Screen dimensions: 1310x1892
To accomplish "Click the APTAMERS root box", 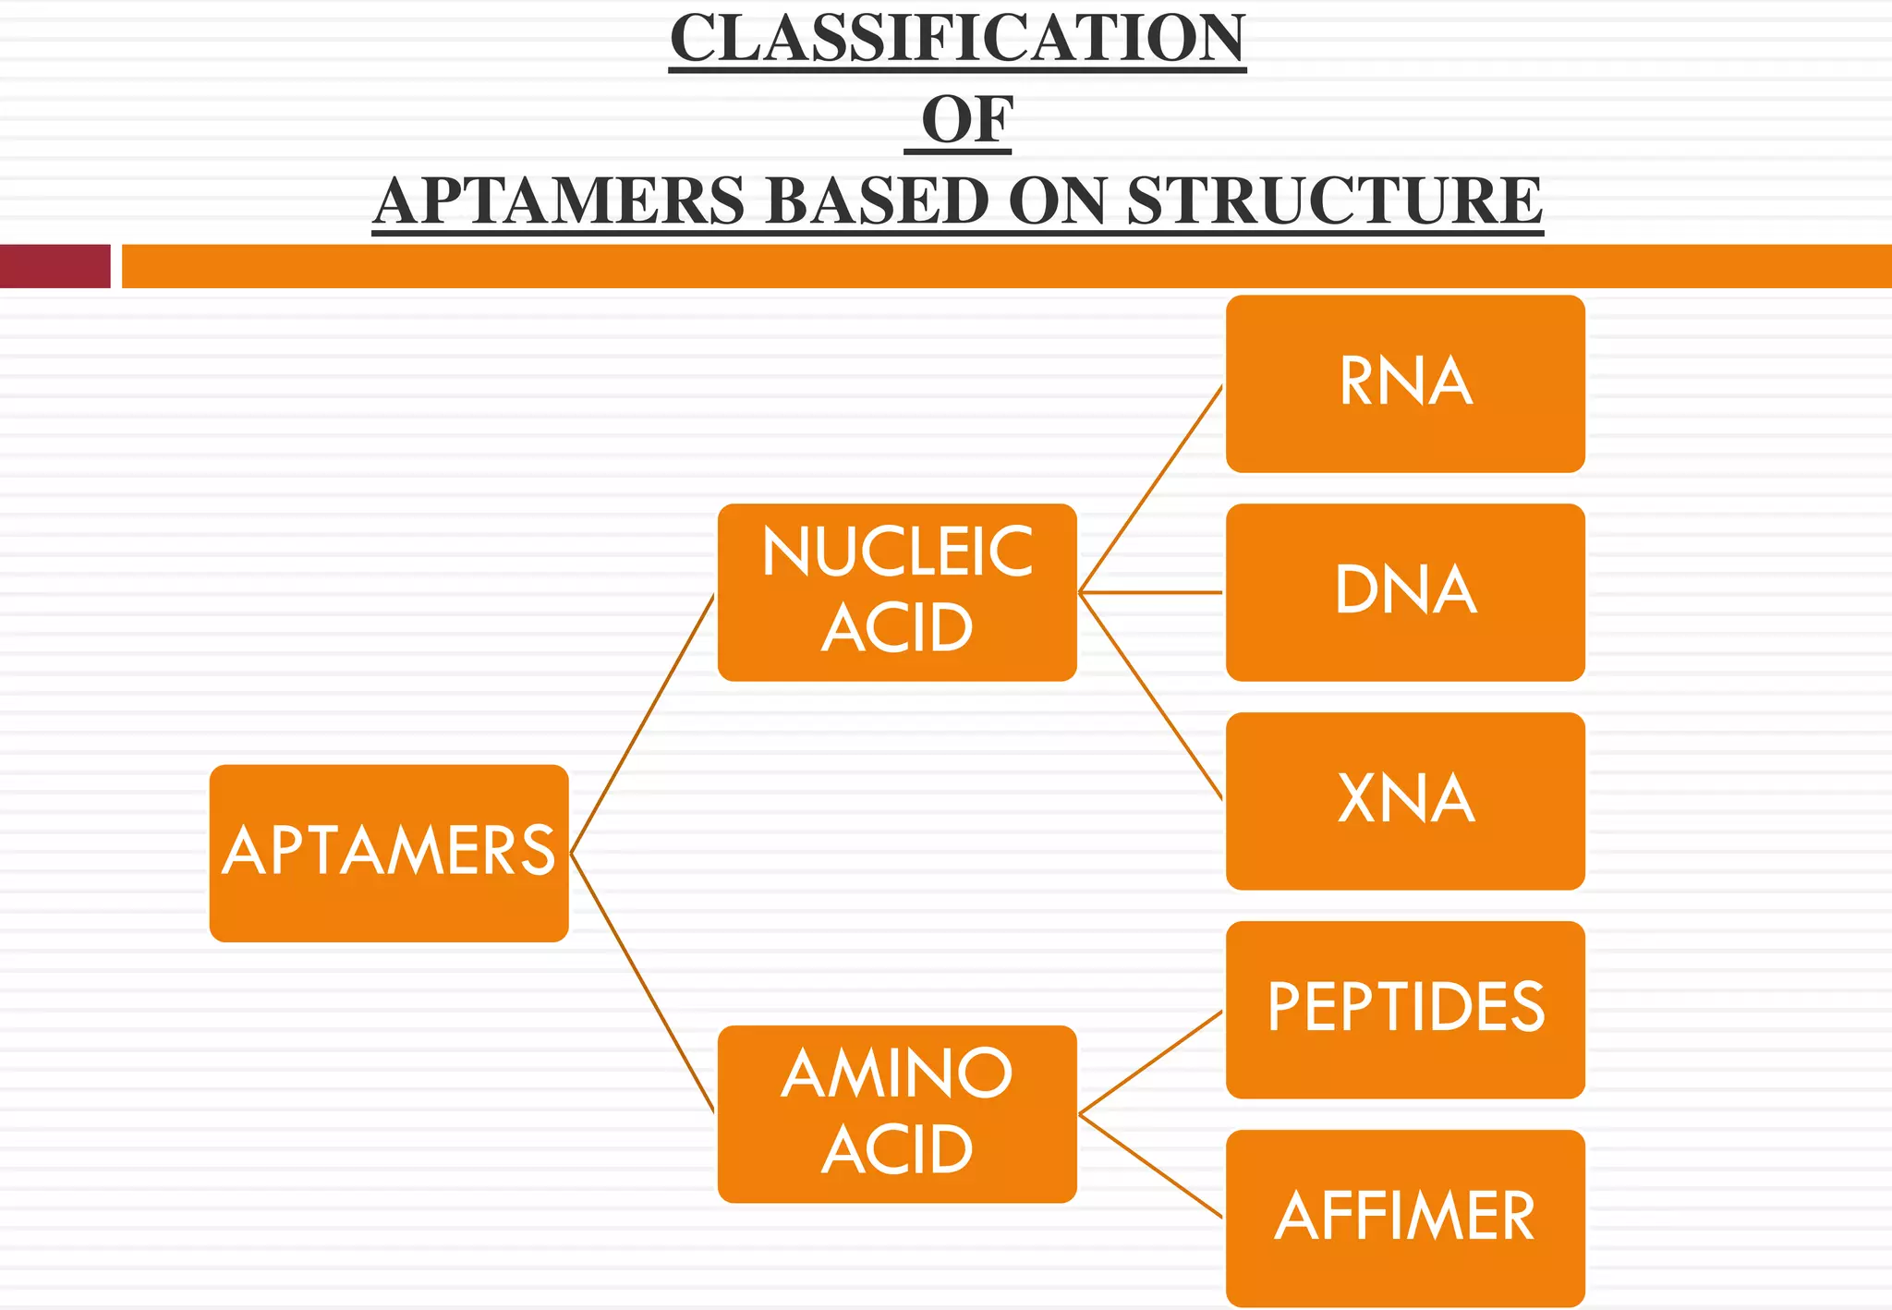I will pyautogui.click(x=389, y=853).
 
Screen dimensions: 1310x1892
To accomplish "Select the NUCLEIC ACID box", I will pyautogui.click(x=897, y=592).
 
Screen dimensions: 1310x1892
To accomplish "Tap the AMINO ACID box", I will pyautogui.click(x=897, y=1113).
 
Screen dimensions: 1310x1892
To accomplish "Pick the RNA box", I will pyautogui.click(x=1405, y=383).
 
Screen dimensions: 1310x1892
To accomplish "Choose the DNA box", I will pyautogui.click(x=1405, y=592).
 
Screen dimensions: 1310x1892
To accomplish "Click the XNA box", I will pyautogui.click(x=1405, y=801).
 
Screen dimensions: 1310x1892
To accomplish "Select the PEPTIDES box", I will pyautogui.click(x=1405, y=1009).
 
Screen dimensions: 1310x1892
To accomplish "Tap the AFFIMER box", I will pyautogui.click(x=1405, y=1218).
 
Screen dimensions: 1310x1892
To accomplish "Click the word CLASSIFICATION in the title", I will pyautogui.click(x=958, y=39).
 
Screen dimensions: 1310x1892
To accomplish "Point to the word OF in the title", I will pyautogui.click(x=966, y=120).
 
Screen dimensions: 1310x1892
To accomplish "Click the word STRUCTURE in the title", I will pyautogui.click(x=1334, y=201).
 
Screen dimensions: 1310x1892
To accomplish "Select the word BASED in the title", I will pyautogui.click(x=878, y=201).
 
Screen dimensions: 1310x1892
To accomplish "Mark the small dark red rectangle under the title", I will pyautogui.click(x=55, y=266).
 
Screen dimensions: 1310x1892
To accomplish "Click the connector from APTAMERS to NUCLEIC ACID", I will pyautogui.click(x=643, y=723).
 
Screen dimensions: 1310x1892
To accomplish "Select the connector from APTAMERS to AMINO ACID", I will pyautogui.click(x=643, y=983).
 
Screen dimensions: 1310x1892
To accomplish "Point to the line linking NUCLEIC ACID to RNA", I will pyautogui.click(x=1151, y=489).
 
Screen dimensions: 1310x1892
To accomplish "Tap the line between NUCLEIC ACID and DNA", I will pyautogui.click(x=1151, y=592).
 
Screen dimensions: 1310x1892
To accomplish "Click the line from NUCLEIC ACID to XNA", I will pyautogui.click(x=1151, y=696).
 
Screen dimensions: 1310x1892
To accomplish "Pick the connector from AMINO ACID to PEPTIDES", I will pyautogui.click(x=1151, y=1062).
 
